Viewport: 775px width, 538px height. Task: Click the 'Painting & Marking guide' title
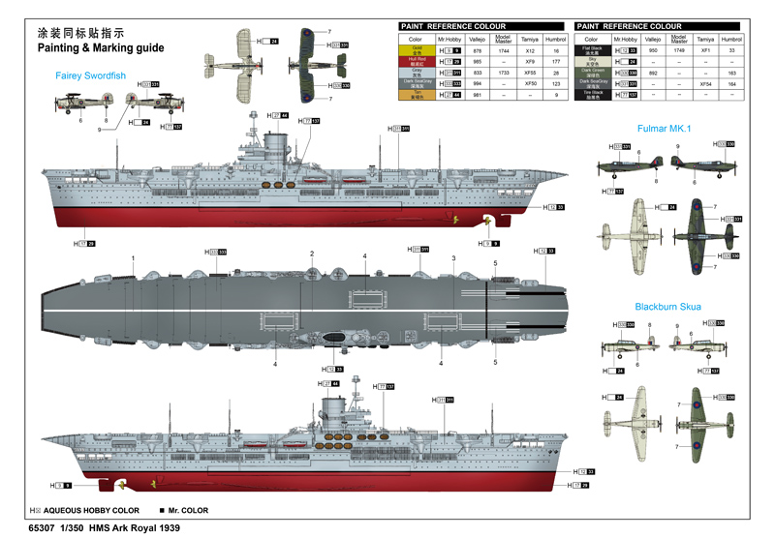point(100,47)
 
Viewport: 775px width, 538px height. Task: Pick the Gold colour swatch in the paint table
point(418,49)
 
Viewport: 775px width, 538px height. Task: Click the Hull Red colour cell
point(418,61)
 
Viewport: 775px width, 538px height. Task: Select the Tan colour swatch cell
point(418,94)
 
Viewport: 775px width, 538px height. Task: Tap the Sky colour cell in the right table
point(592,61)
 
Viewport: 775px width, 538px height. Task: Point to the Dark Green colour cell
point(592,72)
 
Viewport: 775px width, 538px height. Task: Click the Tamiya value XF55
point(530,72)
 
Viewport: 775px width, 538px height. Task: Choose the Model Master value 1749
point(679,49)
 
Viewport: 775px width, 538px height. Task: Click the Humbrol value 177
point(556,61)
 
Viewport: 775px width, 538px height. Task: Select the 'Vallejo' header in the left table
point(477,39)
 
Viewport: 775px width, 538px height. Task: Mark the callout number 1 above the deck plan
point(133,258)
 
